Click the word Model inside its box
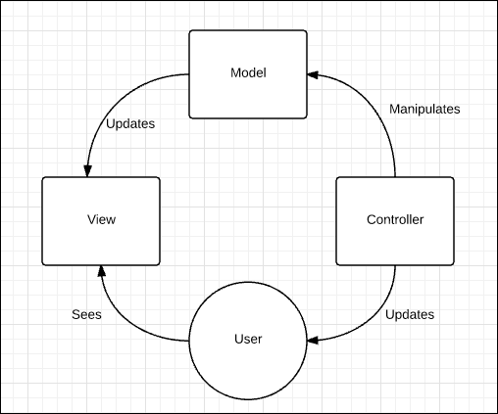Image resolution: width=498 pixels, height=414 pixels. (248, 73)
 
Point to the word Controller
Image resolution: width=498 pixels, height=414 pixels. (395, 220)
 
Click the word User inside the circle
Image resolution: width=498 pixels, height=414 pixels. (248, 340)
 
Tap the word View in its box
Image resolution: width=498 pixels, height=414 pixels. (101, 220)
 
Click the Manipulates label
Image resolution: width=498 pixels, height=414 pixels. (425, 109)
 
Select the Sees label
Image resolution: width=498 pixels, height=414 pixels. (87, 315)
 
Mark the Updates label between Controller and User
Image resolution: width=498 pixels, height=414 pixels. (409, 315)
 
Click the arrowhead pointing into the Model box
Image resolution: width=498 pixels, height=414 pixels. (314, 73)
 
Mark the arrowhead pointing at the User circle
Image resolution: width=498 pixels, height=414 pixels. (314, 340)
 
